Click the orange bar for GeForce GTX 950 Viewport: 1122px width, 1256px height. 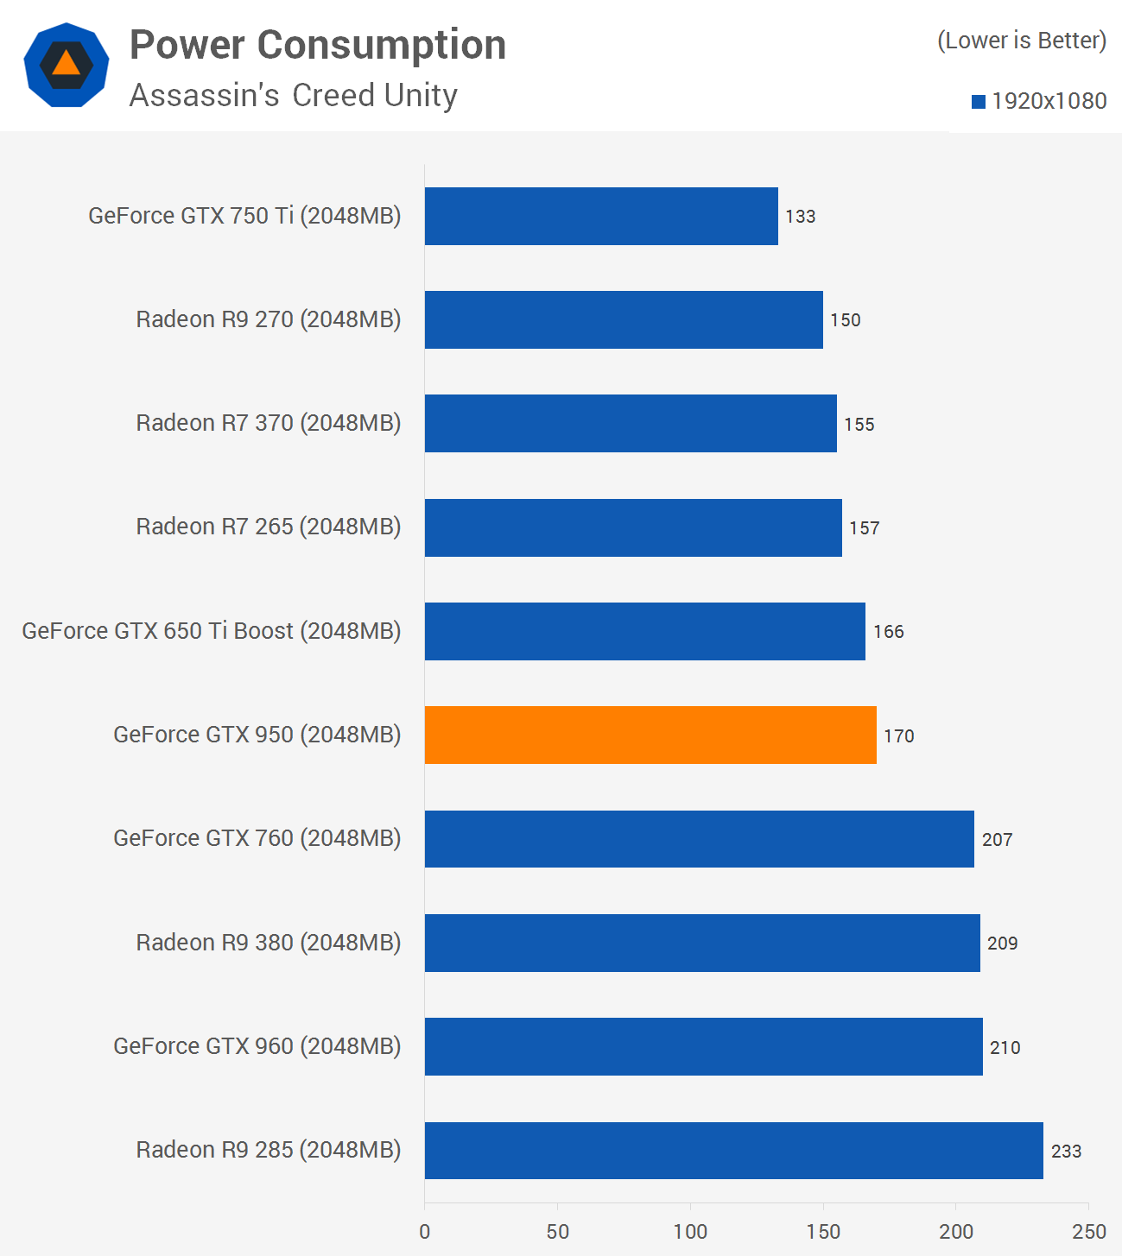[650, 735]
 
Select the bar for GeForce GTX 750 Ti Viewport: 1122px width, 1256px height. [601, 216]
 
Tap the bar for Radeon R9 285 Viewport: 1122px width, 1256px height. [733, 1150]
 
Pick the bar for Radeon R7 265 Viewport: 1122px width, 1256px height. [633, 527]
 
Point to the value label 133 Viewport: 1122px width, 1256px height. [801, 217]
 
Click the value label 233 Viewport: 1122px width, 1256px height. [1066, 1151]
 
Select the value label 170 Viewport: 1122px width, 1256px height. [898, 735]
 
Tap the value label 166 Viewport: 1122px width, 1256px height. [888, 632]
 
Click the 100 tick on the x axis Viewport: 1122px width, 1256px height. [690, 1232]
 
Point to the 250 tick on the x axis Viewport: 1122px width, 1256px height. [1088, 1232]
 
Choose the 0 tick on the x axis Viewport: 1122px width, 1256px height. [425, 1232]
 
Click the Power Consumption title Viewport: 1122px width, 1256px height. [318, 45]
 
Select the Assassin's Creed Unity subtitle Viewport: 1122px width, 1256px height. [293, 95]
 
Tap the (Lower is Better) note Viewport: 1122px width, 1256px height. [1022, 41]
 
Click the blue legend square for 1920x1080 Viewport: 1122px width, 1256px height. [979, 102]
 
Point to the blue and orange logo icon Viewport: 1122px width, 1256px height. [67, 66]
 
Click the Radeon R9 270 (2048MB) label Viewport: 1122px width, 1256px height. [268, 319]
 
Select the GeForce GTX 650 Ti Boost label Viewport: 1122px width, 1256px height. [211, 631]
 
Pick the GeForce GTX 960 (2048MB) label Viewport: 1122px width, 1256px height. [257, 1046]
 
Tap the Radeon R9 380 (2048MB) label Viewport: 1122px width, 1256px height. [268, 943]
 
